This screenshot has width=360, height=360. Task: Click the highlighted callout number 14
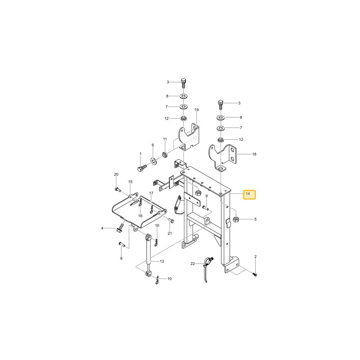pyautogui.click(x=248, y=194)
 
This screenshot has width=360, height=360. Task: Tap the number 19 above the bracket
pyautogui.click(x=197, y=110)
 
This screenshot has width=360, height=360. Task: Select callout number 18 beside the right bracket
pyautogui.click(x=254, y=154)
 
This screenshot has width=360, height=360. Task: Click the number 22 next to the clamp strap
pyautogui.click(x=193, y=264)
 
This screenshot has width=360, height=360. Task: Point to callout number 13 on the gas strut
pyautogui.click(x=162, y=261)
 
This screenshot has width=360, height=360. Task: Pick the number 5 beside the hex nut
pyautogui.click(x=255, y=219)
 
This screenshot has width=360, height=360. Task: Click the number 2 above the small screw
pyautogui.click(x=255, y=256)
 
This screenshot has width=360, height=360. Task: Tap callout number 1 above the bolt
pyautogui.click(x=140, y=154)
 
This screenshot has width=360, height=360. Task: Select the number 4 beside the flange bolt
pyautogui.click(x=102, y=228)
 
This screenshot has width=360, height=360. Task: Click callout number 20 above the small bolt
pyautogui.click(x=116, y=174)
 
